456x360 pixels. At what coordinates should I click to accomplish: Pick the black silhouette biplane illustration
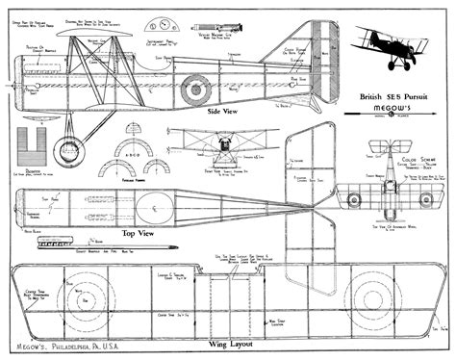389,45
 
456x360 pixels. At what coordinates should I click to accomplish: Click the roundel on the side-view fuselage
195,90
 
